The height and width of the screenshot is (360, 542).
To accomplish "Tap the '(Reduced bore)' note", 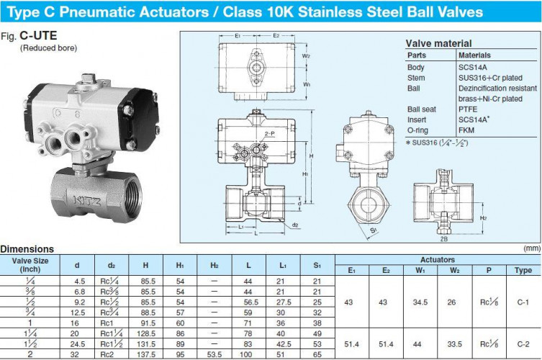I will pos(48,48).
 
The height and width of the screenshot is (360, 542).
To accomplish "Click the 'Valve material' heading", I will pos(438,43).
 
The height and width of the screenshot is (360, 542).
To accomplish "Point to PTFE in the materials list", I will pos(469,109).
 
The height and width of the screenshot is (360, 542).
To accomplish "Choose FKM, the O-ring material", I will pos(467,131).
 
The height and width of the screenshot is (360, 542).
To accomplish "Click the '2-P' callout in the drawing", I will pos(269,135).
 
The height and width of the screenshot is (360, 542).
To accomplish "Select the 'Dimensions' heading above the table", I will pos(27,249).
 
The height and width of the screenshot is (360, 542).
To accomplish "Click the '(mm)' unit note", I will pos(531,248).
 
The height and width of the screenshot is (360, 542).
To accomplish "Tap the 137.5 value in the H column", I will pos(146,354).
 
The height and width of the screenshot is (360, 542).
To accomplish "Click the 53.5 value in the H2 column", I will pos(214,354).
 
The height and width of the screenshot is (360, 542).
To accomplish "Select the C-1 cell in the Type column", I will pos(523,303).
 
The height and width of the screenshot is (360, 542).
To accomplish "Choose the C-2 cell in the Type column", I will pos(523,344).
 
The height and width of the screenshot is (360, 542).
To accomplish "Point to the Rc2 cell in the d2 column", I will pos(110,354).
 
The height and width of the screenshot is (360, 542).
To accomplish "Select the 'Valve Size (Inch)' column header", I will pos(30,264).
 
